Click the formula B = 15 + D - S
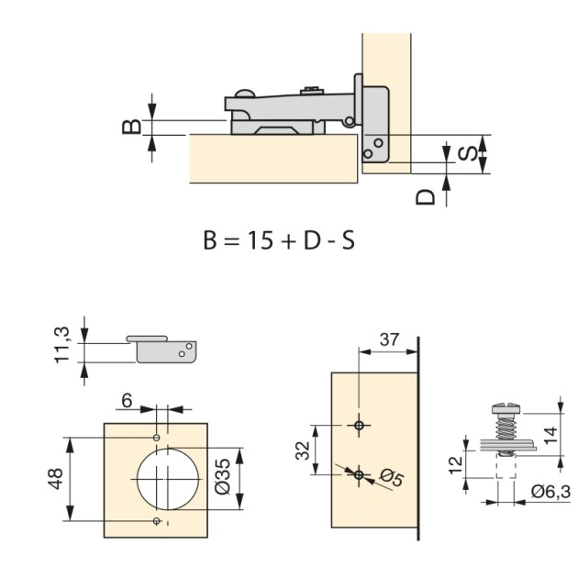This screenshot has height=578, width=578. point(278,240)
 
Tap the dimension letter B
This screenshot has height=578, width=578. point(133,126)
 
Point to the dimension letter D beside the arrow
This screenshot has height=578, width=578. point(425,196)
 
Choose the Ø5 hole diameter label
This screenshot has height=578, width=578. point(391,478)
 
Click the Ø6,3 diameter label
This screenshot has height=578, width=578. point(550,493)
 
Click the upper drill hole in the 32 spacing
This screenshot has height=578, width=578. point(360,425)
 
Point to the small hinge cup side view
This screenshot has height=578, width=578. point(163,348)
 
